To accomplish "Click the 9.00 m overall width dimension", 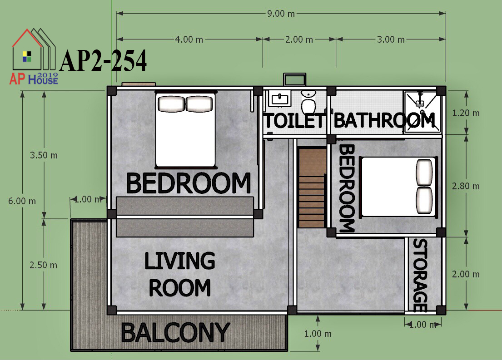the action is click(x=281, y=14).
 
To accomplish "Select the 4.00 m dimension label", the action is click(x=189, y=39).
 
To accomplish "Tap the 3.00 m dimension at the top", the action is click(x=391, y=39).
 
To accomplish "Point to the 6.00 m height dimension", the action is click(x=22, y=201).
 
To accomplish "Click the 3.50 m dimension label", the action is click(x=44, y=155).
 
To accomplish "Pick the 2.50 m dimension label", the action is click(x=43, y=265).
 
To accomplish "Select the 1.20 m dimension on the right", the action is click(x=466, y=113).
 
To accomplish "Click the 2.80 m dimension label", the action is click(x=466, y=186).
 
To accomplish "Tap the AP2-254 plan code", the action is click(x=103, y=60).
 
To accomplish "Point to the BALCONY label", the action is click(x=175, y=332).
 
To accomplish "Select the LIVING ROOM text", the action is click(x=179, y=274).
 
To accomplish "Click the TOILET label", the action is click(x=294, y=121).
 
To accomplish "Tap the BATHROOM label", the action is click(x=384, y=120).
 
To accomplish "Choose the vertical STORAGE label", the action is click(x=420, y=275).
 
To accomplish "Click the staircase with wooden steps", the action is click(x=312, y=187).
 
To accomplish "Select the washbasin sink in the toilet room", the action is click(x=279, y=98).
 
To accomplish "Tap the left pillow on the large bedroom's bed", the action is click(x=171, y=104).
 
